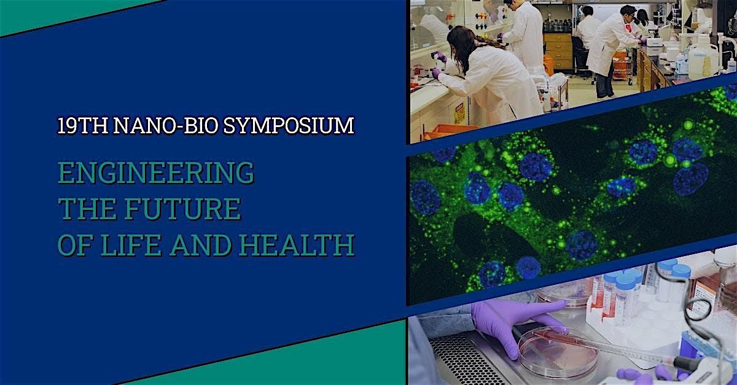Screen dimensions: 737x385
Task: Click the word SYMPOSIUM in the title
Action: tap(289, 125)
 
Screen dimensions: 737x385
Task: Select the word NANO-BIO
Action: tap(165, 125)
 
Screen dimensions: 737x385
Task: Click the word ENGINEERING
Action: tap(156, 173)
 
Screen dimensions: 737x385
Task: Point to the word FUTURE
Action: tap(182, 209)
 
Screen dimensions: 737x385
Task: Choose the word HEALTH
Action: tap(297, 245)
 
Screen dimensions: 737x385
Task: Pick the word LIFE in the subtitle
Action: tap(131, 245)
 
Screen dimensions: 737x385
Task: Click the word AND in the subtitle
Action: tap(200, 245)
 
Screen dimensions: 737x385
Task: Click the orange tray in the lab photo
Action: tap(449, 131)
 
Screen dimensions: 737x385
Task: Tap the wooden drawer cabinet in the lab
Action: tap(558, 51)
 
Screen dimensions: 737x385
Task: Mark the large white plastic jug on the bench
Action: tap(703, 59)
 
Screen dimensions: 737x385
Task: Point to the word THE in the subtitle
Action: tap(87, 209)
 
